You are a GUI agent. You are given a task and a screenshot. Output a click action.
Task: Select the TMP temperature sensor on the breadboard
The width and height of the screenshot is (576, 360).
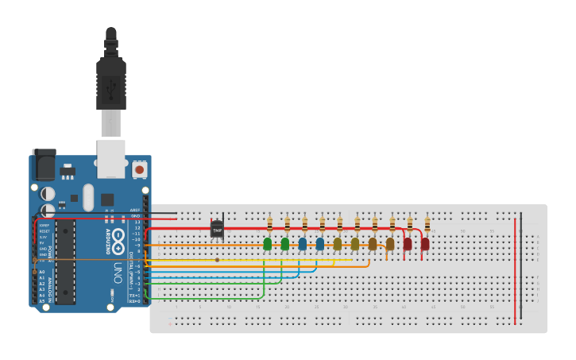pos(217,229)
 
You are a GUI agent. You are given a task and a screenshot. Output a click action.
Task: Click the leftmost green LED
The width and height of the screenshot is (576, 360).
pos(268,243)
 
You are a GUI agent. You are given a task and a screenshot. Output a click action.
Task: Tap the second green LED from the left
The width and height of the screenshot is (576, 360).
pos(285,243)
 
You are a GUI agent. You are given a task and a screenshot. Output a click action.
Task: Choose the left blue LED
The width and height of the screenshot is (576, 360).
pos(303,243)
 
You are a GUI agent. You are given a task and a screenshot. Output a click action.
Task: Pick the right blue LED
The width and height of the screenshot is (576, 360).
pos(320,243)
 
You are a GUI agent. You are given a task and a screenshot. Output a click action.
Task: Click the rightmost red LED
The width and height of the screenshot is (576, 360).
pos(425,243)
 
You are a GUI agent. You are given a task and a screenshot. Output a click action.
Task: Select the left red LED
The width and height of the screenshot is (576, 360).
pos(408,243)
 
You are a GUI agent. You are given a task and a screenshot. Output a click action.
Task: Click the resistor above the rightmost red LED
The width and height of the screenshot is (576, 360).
pos(427,224)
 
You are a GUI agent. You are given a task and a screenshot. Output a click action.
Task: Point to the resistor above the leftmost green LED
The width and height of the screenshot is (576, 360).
pos(270,224)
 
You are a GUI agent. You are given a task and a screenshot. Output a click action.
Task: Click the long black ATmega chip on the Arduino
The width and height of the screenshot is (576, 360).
pos(64,261)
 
